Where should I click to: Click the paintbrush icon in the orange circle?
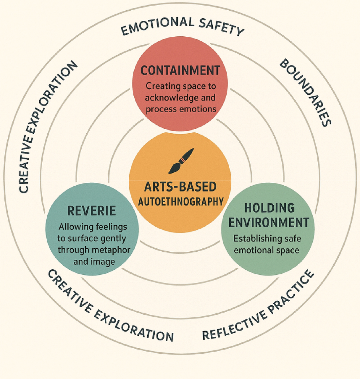(180, 161)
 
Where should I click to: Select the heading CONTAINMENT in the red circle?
(180, 70)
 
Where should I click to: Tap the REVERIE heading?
(92, 211)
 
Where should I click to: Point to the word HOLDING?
(270, 208)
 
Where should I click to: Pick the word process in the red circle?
(159, 109)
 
